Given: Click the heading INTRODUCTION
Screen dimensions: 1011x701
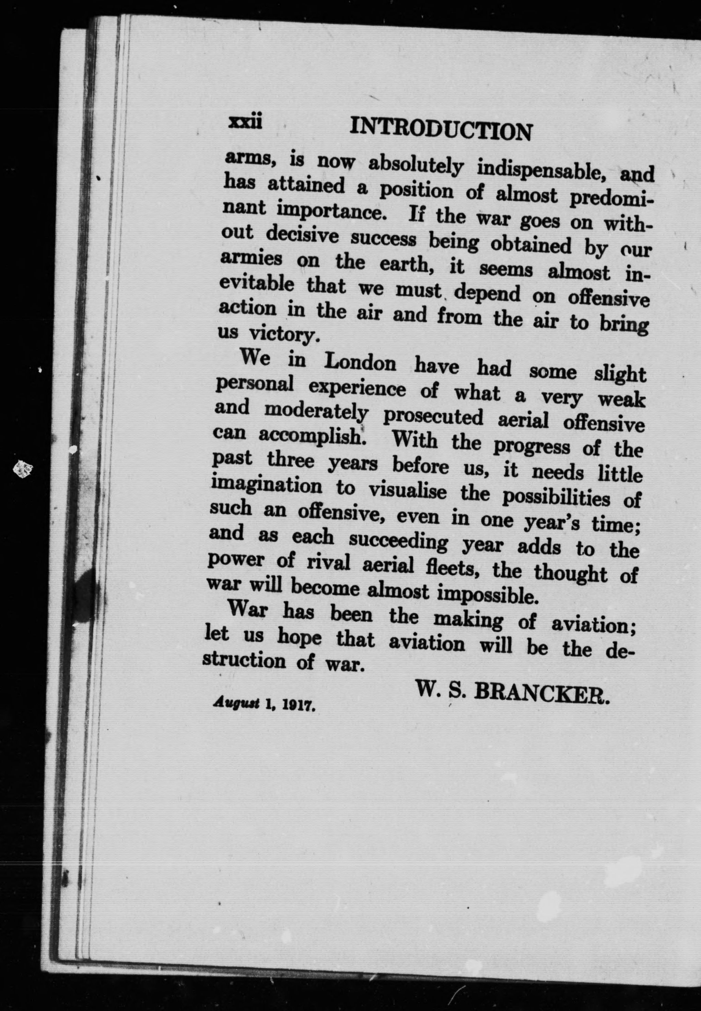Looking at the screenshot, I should (x=440, y=130).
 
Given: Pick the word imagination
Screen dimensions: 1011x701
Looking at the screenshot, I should (x=267, y=486).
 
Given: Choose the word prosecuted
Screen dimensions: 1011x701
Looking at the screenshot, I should (x=433, y=417).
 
